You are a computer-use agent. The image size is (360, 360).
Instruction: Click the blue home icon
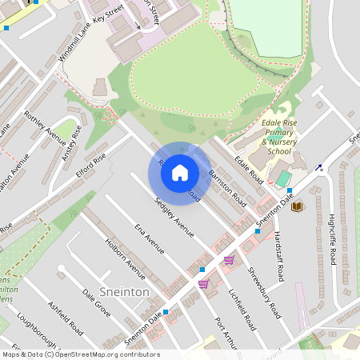point(180,172)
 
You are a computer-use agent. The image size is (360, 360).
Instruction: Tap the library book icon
point(297,207)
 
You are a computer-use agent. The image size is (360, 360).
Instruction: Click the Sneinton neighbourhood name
point(124,292)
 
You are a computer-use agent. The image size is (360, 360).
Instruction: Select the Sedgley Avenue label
point(174,217)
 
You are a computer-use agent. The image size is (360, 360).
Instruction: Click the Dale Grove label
point(96,302)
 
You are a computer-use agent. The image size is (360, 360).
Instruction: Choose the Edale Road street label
point(249,166)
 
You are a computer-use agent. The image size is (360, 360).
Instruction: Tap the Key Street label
point(109,18)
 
